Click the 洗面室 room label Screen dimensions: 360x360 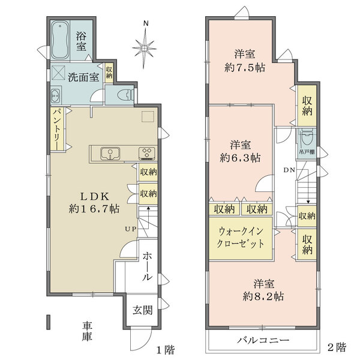pyautogui.click(x=83, y=77)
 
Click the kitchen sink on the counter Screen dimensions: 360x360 pyautogui.click(x=109, y=154)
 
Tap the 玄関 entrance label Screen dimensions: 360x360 pyautogui.click(x=142, y=310)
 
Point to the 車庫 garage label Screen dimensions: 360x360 pyautogui.click(x=88, y=331)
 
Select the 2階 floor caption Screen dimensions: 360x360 pyautogui.click(x=337, y=347)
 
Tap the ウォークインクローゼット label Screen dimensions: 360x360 pyautogui.click(x=240, y=237)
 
